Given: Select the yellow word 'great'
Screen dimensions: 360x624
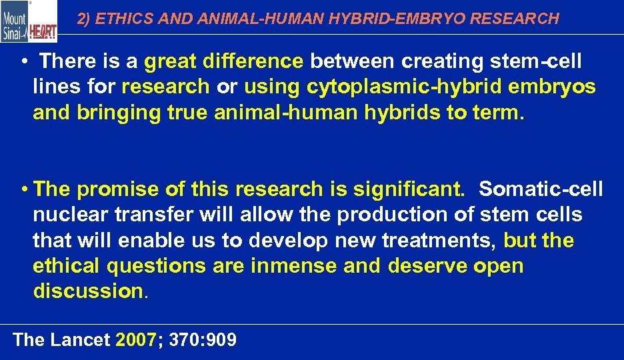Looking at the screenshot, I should pyautogui.click(x=170, y=62).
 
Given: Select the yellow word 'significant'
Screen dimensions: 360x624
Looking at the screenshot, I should pyautogui.click(x=409, y=190).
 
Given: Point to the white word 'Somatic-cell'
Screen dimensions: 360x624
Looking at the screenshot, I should pyautogui.click(x=541, y=190).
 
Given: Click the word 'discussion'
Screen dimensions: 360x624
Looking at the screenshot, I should pyautogui.click(x=88, y=291).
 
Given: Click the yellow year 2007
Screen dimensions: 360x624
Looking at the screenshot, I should pyautogui.click(x=135, y=340).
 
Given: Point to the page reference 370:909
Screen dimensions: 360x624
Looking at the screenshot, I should pyautogui.click(x=203, y=340).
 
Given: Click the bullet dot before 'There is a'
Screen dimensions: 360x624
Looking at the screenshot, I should pyautogui.click(x=24, y=63).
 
